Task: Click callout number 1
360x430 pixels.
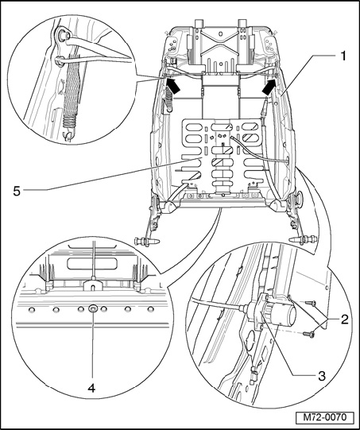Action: [x=343, y=56]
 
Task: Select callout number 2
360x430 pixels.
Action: [x=344, y=320]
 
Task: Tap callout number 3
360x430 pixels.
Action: [x=321, y=376]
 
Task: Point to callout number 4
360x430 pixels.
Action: [x=91, y=388]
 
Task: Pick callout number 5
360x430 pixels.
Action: [x=17, y=191]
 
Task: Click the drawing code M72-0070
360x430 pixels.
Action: [x=325, y=417]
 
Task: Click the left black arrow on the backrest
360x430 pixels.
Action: [x=172, y=85]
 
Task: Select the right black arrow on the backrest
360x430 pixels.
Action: [x=269, y=87]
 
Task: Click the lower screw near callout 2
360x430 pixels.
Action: [x=308, y=334]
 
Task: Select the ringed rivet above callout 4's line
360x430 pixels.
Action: [x=92, y=309]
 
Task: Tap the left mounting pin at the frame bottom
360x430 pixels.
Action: [x=146, y=242]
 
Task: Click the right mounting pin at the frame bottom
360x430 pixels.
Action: [x=303, y=239]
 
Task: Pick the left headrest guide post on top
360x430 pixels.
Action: [x=198, y=23]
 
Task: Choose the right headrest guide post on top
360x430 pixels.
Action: [x=243, y=23]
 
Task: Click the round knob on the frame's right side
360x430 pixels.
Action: [x=300, y=198]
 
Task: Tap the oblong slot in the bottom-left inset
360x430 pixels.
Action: [x=92, y=263]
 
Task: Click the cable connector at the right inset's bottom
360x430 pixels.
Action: [x=255, y=374]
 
